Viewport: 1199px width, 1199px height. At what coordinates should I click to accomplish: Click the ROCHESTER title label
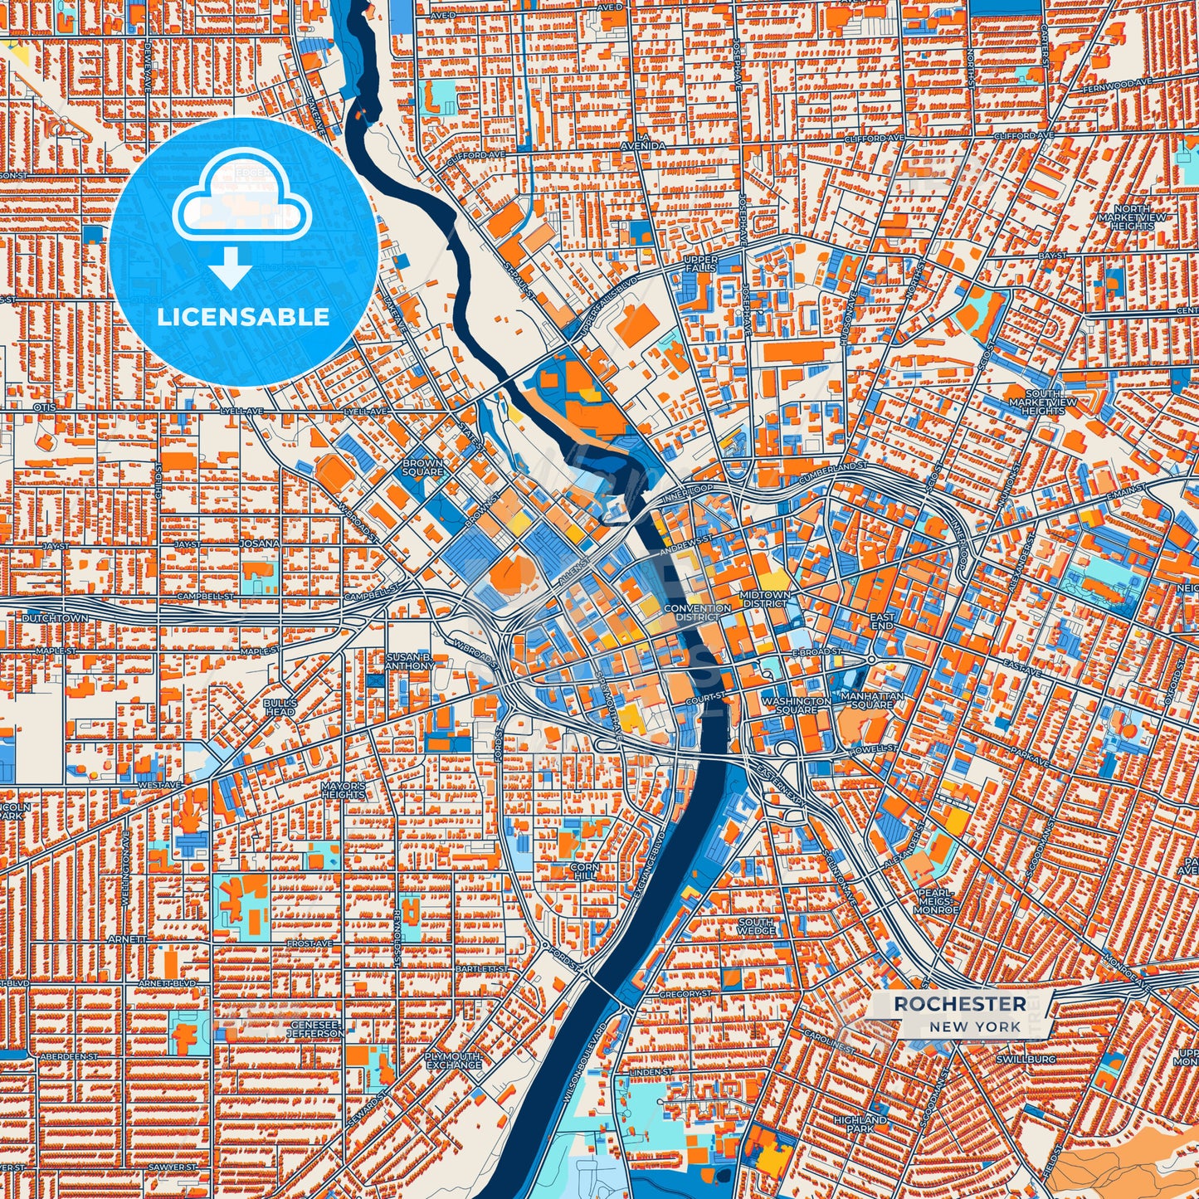pos(959,1004)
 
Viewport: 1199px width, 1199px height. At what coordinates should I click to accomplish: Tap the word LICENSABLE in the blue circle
pos(243,317)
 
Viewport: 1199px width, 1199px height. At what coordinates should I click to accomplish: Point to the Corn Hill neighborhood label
pos(584,871)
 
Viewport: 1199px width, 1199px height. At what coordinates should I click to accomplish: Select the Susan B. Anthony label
pos(410,661)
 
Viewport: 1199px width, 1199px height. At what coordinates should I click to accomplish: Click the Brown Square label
pos(422,467)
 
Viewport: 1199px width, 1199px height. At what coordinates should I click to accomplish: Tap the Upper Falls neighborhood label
pos(699,264)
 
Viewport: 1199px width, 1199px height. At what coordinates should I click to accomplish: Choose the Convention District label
pos(698,612)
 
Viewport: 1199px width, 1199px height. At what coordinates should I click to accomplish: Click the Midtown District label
pos(766,599)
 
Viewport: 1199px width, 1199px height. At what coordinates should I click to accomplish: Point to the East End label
pos(882,621)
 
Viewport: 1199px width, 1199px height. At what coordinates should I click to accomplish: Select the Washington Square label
pos(796,705)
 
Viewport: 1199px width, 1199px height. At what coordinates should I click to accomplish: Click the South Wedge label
pos(756,926)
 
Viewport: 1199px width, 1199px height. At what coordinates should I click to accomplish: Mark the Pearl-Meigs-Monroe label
pos(936,901)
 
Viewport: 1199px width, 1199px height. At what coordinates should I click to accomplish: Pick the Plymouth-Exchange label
pos(453,1060)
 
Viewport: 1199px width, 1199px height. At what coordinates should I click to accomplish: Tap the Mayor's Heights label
pos(343,790)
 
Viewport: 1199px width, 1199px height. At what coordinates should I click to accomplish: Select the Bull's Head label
pos(280,707)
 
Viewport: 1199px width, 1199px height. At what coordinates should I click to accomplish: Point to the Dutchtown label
pos(55,618)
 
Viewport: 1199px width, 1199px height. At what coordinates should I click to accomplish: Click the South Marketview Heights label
pos(1043,402)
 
